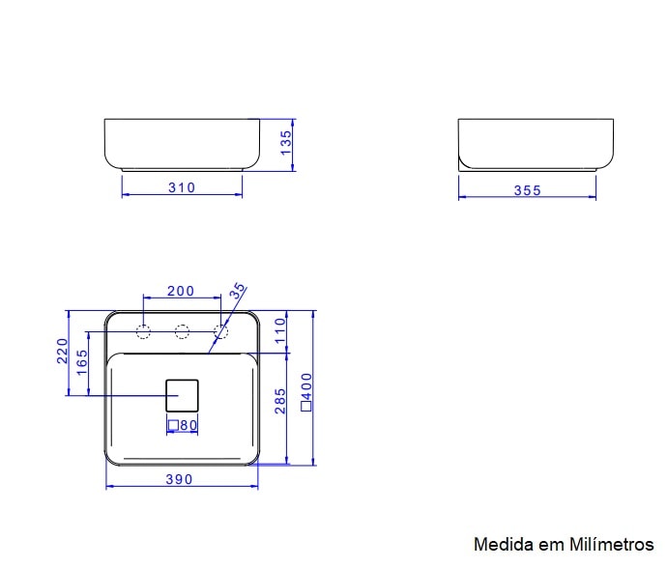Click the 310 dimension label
[x=182, y=187]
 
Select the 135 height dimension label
[x=285, y=145]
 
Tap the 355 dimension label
[x=527, y=190]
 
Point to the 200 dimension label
[x=181, y=291]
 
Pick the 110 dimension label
[x=280, y=331]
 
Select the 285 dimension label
[x=280, y=401]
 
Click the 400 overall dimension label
[x=306, y=392]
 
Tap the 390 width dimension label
[x=179, y=479]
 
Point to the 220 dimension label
[x=62, y=352]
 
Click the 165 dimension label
[x=82, y=362]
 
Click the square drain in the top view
[x=182, y=395]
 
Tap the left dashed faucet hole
[x=143, y=333]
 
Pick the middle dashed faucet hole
[x=182, y=333]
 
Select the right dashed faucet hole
[x=220, y=333]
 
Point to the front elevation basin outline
[x=182, y=143]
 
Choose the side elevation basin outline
[x=536, y=143]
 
